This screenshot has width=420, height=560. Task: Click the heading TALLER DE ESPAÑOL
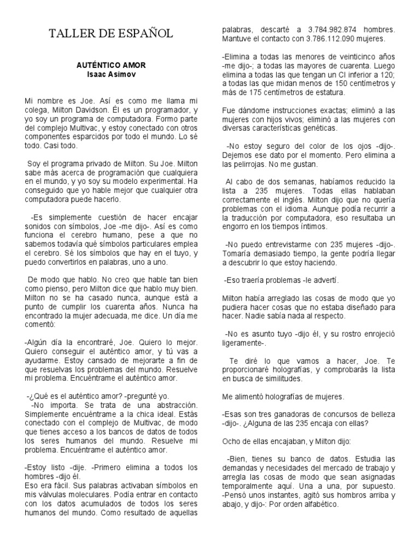[111, 34]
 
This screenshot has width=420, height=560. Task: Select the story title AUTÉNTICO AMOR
[111, 65]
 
